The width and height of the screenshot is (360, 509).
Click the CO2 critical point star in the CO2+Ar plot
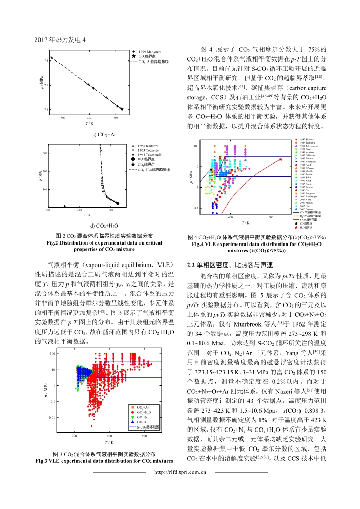122,109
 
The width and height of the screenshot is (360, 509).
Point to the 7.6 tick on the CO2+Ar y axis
47,85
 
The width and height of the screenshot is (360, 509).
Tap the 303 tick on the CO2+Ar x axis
89,118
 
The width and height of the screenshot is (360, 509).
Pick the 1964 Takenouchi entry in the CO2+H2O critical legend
150,154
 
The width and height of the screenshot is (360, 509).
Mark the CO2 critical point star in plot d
64,206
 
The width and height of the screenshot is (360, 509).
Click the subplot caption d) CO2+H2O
89,226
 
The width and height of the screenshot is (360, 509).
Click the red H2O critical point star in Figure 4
281,159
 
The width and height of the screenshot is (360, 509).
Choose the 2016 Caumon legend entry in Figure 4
307,209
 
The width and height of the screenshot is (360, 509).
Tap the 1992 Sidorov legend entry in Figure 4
307,139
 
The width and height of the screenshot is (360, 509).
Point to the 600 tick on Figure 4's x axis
271,217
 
